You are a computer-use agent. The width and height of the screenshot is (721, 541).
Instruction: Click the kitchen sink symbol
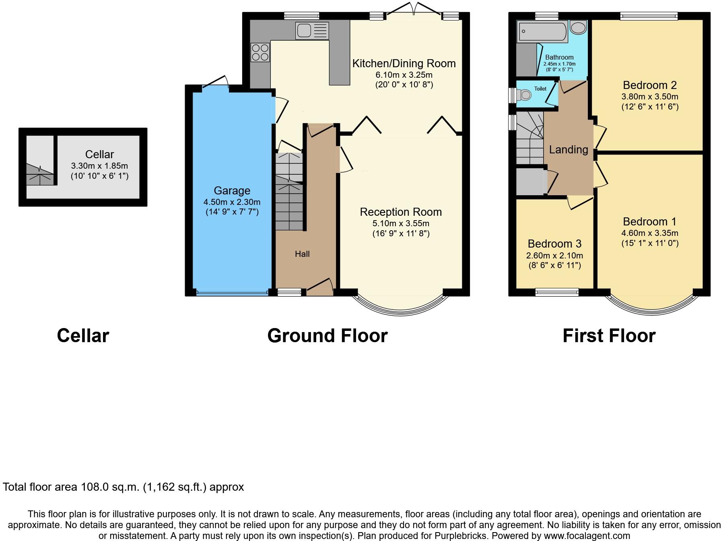coord(312,31)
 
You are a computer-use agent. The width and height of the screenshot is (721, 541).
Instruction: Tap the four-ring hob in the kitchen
coord(260,53)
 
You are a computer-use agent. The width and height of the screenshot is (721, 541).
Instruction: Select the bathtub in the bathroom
coord(543,32)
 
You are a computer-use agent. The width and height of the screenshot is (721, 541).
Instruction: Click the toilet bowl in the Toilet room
coord(525,95)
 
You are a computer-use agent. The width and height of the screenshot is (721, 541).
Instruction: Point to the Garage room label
coord(232,190)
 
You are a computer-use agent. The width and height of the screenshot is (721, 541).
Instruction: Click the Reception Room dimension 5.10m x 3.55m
coord(401,223)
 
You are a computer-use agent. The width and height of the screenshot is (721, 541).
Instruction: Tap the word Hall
coord(302,254)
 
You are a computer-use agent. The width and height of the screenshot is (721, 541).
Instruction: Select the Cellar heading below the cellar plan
coord(83,335)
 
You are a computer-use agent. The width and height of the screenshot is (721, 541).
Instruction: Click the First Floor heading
coord(609,335)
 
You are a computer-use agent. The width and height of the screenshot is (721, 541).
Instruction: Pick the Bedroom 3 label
coord(554,244)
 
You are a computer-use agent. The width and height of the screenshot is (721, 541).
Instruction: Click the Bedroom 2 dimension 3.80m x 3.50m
coord(650,97)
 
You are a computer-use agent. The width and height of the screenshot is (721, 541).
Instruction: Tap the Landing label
coord(569,150)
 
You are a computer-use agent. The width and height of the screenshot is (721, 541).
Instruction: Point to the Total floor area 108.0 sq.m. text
coord(123,487)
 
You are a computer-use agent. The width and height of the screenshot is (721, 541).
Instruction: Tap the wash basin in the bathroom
coord(579,28)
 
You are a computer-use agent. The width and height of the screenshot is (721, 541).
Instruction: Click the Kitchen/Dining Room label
coord(404,64)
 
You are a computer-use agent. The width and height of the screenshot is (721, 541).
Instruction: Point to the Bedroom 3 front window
coord(557,292)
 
